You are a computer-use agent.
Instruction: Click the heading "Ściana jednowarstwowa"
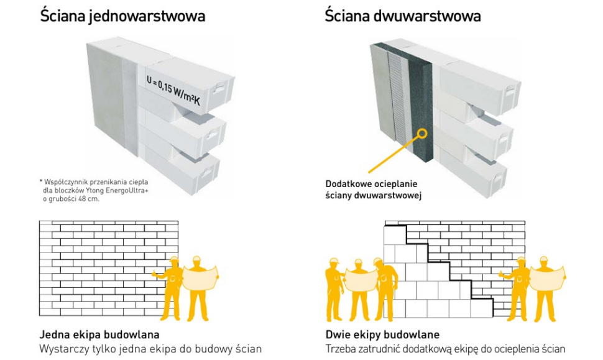[x=122, y=16]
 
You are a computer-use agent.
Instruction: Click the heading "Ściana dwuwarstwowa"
[x=403, y=16]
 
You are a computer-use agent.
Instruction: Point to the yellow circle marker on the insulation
[x=423, y=132]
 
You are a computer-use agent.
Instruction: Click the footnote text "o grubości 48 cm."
[x=71, y=199]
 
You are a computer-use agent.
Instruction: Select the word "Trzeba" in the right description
[x=342, y=348]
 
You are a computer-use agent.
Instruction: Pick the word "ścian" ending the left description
[x=249, y=348]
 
